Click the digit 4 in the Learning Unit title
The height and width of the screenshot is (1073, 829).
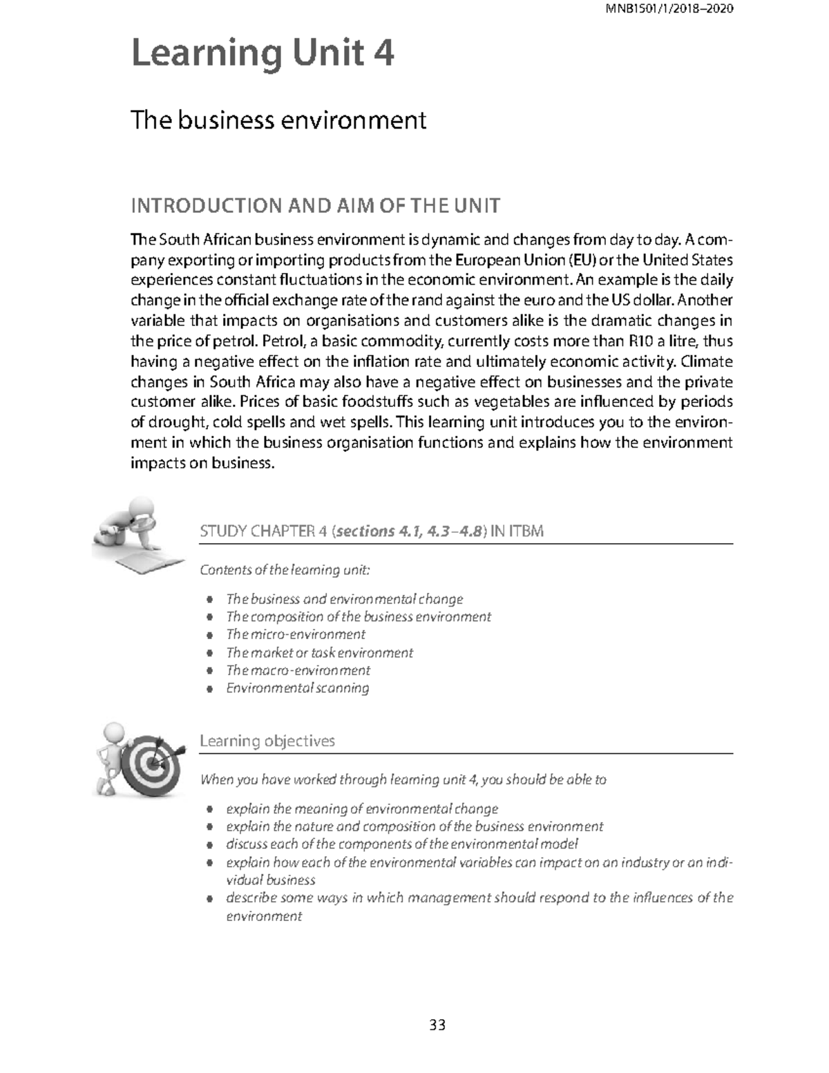tap(383, 54)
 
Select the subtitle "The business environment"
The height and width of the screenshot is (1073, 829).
tap(278, 120)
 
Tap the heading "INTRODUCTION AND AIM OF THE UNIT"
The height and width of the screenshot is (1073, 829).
tap(315, 206)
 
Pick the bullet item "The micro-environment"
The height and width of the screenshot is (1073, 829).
tap(296, 634)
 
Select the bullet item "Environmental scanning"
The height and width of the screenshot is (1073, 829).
tap(298, 688)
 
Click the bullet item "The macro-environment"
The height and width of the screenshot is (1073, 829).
tap(298, 670)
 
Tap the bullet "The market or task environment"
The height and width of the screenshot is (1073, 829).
tap(319, 652)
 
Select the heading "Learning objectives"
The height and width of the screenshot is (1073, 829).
tap(267, 741)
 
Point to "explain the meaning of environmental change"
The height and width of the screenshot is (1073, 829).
tap(362, 808)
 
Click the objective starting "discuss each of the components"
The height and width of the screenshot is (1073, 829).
tap(401, 844)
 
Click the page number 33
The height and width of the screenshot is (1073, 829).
tap(437, 1025)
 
